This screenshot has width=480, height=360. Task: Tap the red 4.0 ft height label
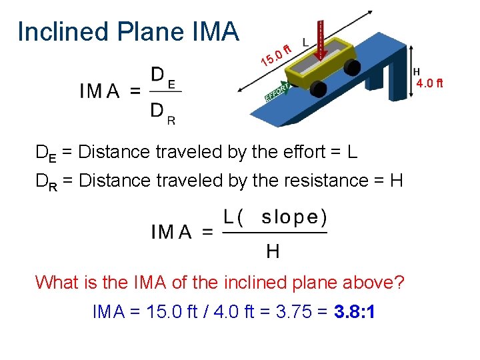pyautogui.click(x=429, y=83)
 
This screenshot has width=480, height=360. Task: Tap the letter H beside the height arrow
pyautogui.click(x=417, y=71)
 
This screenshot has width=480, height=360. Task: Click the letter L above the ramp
pyautogui.click(x=305, y=42)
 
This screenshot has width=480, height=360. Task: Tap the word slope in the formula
pyautogui.click(x=294, y=217)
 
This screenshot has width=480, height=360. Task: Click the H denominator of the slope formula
pyautogui.click(x=273, y=251)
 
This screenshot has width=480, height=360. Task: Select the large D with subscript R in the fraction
pyautogui.click(x=163, y=112)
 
